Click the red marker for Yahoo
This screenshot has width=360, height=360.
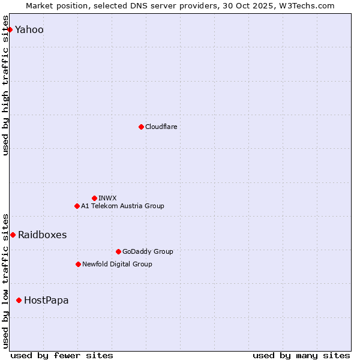(x=10, y=29)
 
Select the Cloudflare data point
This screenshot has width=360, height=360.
(x=141, y=127)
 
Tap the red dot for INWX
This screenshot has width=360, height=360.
(x=94, y=198)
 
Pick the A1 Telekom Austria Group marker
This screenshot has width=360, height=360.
(x=77, y=206)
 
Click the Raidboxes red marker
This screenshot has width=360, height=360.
(x=13, y=235)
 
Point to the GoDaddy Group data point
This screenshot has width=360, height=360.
(x=118, y=251)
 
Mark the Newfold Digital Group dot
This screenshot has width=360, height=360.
(x=78, y=264)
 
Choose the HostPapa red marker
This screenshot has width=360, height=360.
(x=19, y=300)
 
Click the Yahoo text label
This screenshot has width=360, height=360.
(x=29, y=30)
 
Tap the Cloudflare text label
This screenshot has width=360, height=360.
(x=161, y=127)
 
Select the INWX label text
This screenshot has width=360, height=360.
(x=108, y=198)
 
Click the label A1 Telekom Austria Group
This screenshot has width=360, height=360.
(x=122, y=206)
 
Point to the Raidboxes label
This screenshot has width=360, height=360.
(x=43, y=235)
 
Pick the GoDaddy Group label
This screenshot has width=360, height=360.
(x=148, y=251)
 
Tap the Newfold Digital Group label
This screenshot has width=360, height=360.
(x=117, y=264)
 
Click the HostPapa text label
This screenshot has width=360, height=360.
(x=46, y=300)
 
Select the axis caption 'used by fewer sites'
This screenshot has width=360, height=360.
(x=62, y=355)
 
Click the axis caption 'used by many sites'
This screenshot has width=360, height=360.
(x=301, y=355)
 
